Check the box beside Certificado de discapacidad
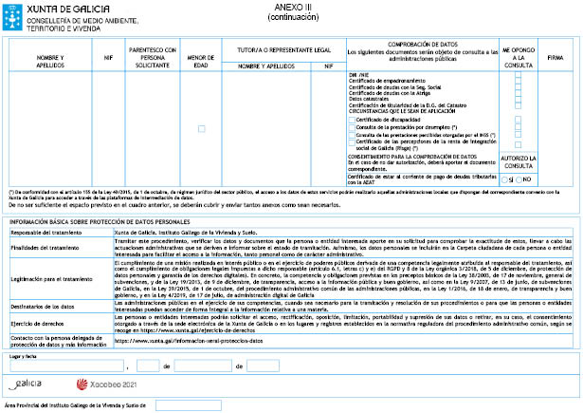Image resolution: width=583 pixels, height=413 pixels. click(x=352, y=120)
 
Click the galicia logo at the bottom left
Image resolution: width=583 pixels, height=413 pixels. click(x=29, y=384)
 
